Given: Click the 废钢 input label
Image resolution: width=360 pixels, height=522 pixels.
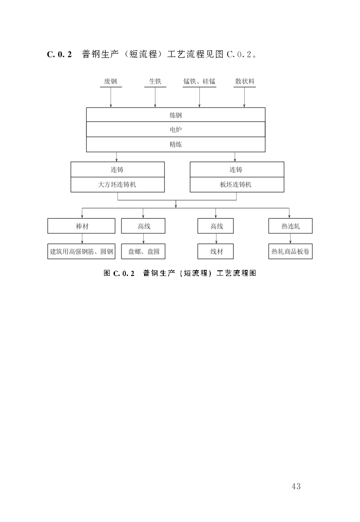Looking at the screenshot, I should point(111,81).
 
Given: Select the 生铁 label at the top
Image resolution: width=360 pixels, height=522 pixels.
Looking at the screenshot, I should point(155,81).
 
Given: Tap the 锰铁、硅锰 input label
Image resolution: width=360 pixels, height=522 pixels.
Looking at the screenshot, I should point(199,81).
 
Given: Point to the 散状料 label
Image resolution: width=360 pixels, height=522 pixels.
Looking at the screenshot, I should point(244,81).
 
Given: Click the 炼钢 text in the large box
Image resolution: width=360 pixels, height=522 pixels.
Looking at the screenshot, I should point(175,115).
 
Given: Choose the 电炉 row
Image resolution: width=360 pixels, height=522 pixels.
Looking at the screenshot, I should point(175,129).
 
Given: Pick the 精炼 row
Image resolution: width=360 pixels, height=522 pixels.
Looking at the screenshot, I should point(175,145).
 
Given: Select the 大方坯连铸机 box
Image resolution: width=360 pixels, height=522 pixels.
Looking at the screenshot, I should point(118,185).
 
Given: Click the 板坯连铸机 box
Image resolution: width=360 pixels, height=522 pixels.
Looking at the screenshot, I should point(236,185).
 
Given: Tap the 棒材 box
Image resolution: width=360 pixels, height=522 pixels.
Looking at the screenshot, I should point(81,226).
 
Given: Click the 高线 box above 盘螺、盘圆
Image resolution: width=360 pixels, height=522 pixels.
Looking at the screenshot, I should point(143,226).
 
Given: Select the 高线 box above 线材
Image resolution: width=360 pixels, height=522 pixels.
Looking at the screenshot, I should point(216,226).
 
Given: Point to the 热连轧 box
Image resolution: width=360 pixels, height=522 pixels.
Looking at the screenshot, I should point(290,226).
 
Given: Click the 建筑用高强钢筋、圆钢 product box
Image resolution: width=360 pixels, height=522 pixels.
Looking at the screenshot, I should point(81,252).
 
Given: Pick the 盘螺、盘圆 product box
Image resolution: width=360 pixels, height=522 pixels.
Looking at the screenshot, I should point(143,252).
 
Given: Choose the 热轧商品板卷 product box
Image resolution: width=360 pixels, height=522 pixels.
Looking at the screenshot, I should point(290,252).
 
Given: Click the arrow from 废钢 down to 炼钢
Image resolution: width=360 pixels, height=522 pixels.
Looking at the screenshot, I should point(111,97).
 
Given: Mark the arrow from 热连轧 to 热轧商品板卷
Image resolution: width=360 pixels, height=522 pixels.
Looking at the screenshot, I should point(290,239).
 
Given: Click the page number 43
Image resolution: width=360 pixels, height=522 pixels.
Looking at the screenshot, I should point(296,486).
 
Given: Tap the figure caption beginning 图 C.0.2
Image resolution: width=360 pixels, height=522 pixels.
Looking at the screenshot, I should point(179,273).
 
